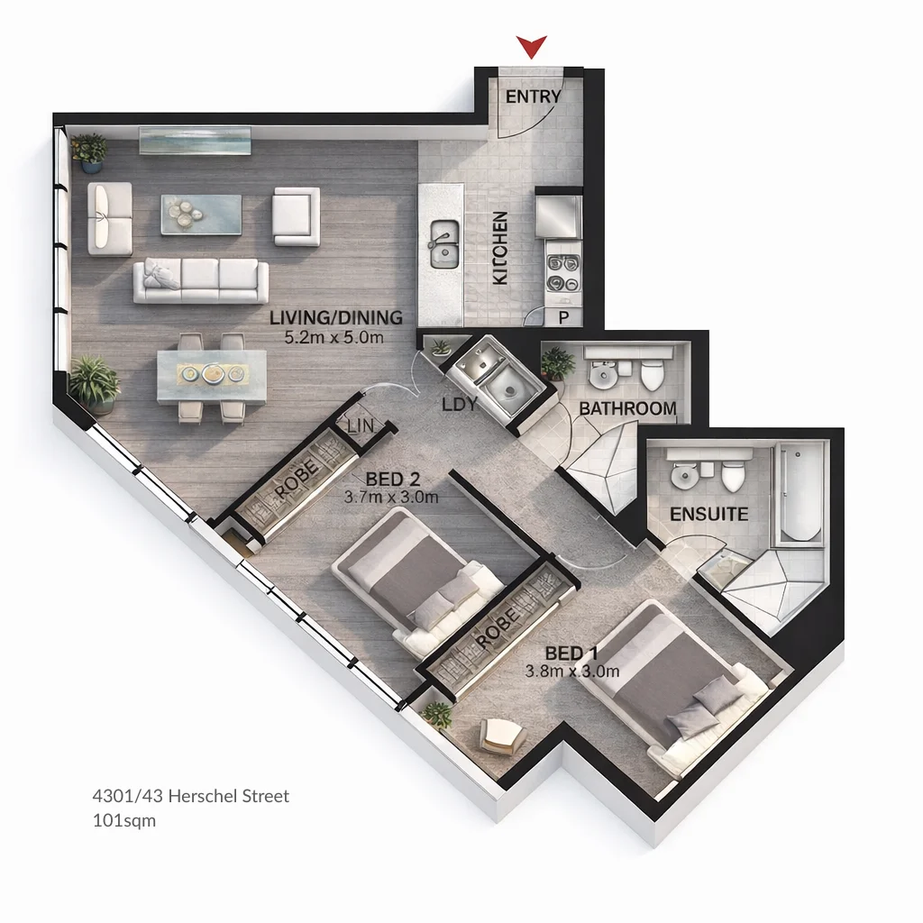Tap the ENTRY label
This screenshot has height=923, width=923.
point(533,96)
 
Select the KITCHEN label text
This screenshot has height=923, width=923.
point(500,249)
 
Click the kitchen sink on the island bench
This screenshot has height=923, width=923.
point(443,244)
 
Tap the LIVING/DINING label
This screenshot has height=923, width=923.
point(335,318)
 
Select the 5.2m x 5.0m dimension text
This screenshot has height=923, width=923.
point(335,338)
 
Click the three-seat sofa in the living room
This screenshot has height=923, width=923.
point(201,281)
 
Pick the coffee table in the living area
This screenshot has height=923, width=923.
point(201,215)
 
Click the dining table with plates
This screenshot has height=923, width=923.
point(212,374)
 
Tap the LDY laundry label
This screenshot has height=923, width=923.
point(459,405)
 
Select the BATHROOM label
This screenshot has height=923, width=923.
point(627,408)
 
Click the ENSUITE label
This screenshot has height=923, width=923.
point(709,515)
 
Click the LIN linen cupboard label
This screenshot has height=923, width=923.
point(360,425)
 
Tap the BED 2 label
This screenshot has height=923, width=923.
point(392,479)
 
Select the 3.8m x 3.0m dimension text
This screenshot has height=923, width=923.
point(572,671)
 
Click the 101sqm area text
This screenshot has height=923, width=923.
point(124,821)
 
